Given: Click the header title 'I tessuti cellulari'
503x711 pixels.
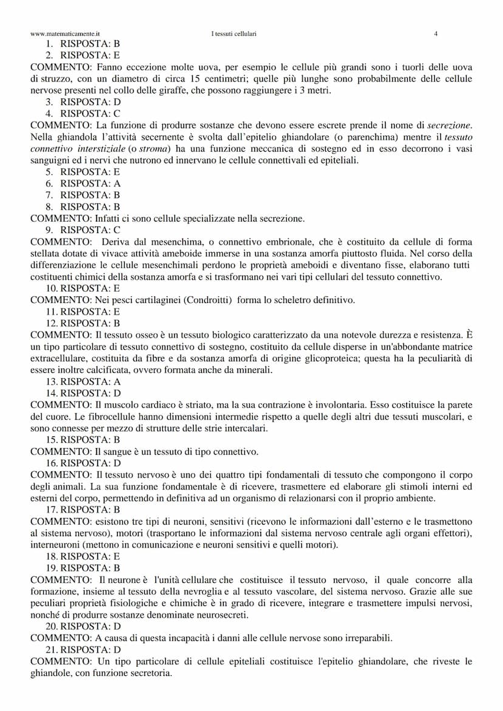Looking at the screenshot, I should [234, 34].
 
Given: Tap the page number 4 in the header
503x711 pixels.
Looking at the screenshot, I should [436, 34].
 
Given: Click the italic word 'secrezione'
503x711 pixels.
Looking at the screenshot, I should [449, 125].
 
